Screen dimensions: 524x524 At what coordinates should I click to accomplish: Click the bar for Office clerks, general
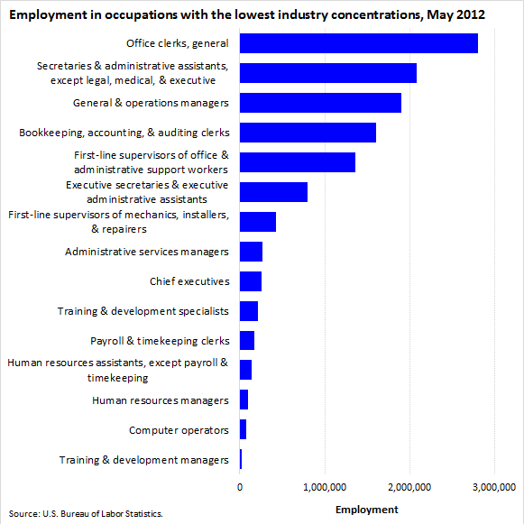359,43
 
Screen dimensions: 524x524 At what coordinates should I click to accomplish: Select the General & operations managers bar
320,103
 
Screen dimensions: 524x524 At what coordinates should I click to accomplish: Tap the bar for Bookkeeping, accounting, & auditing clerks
308,133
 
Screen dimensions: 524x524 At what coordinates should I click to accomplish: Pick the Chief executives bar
251,281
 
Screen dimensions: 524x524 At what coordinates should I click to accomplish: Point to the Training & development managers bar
241,459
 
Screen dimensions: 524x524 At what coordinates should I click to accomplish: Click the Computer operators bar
243,429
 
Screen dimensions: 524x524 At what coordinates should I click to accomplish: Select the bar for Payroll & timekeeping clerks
247,340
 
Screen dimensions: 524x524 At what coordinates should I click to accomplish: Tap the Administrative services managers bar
251,252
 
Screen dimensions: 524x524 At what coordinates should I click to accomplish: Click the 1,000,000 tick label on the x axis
325,487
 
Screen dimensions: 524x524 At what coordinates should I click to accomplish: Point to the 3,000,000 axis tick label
494,487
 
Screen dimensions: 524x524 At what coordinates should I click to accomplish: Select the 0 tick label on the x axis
240,487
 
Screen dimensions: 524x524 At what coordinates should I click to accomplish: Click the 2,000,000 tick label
409,487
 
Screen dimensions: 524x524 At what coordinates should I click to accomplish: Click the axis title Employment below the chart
366,510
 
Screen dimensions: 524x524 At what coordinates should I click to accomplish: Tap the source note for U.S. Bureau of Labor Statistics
86,514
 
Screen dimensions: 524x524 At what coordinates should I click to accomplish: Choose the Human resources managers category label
161,400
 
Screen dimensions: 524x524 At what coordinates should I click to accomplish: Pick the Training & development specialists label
143,311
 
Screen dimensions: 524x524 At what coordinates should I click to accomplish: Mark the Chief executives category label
189,281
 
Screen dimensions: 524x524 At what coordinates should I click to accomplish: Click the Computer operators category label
179,430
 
